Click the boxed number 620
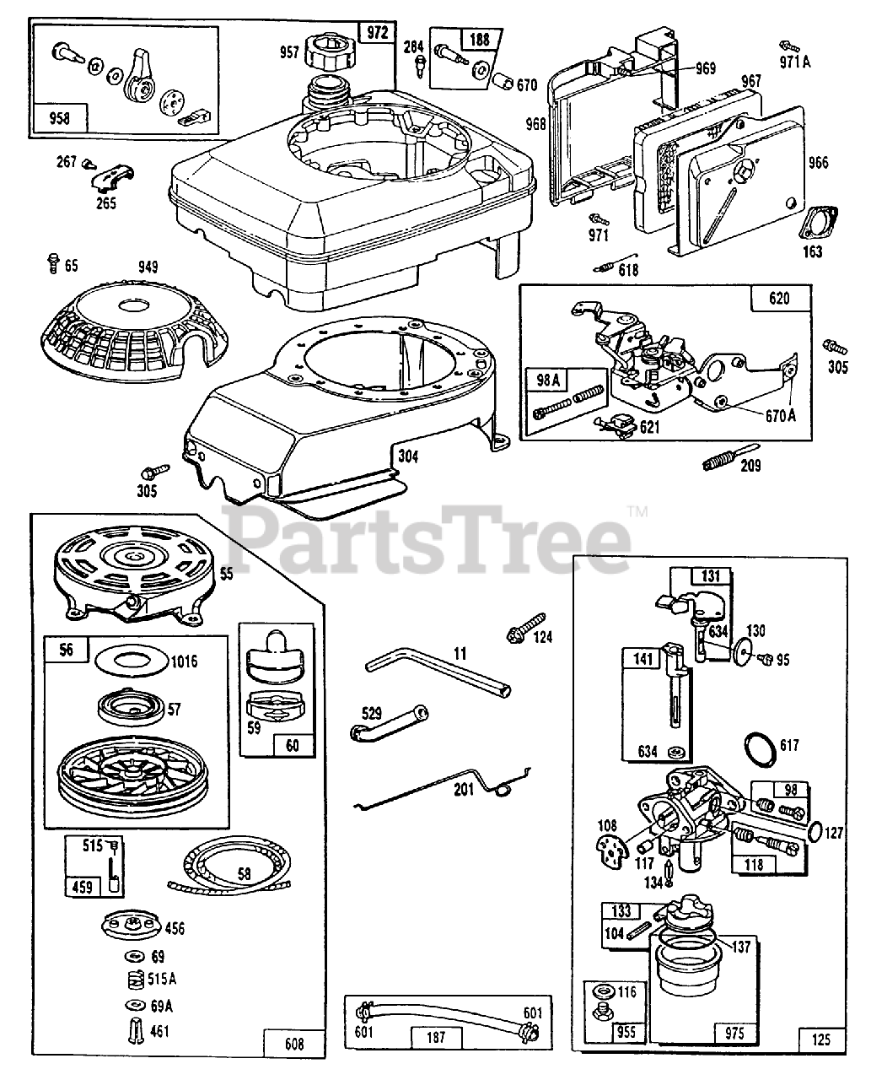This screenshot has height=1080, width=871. click(x=770, y=298)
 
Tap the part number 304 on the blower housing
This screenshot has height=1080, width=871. click(x=408, y=458)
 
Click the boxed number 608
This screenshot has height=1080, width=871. click(x=288, y=1044)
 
